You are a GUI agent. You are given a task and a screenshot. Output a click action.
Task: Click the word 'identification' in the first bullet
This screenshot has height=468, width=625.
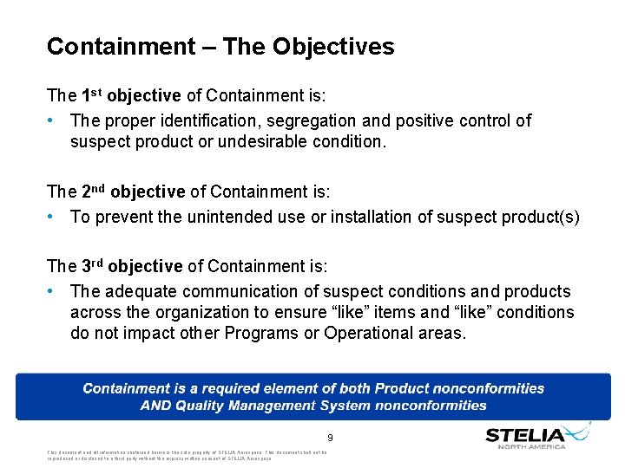[x=216, y=120]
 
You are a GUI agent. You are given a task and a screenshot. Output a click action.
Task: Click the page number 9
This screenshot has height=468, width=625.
[x=331, y=438]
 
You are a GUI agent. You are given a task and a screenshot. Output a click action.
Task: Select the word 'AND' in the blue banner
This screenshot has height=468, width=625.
[x=159, y=405]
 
